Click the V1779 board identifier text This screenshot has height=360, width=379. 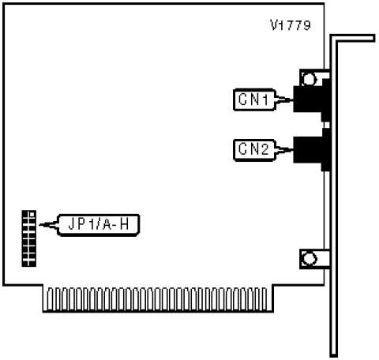pos(291,25)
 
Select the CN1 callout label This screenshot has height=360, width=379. pos(254,99)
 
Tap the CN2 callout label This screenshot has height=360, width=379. pos(254,150)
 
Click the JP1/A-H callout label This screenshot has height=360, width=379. pos(99,225)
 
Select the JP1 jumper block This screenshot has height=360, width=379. pos(29,238)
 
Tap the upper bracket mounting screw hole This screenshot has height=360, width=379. pos(309,79)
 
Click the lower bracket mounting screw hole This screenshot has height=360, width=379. pos(309,259)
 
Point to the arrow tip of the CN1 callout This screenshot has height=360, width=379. pos(293,99)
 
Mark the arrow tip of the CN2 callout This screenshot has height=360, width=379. pos(293,150)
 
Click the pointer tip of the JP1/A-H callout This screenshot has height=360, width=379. pos(39,225)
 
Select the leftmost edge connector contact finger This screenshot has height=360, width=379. pos(50,299)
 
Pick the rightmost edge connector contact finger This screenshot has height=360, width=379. pos(265,299)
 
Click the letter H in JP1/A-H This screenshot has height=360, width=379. pos(124,225)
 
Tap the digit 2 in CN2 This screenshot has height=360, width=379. pos(264,149)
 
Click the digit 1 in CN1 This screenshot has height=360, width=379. pos(265,99)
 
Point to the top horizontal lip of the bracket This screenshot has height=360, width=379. pos(353,38)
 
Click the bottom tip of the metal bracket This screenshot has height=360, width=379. pos(334,356)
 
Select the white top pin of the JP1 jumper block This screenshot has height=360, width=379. pos(32,215)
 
